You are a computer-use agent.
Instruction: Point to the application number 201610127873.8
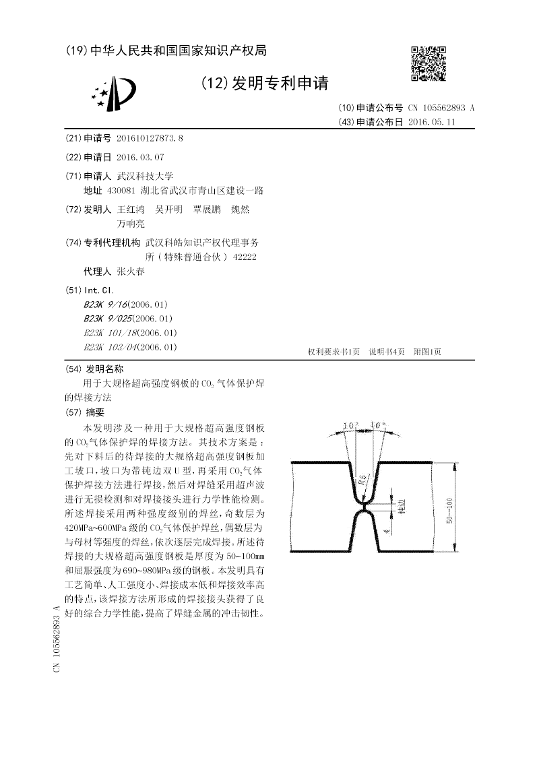[150, 138]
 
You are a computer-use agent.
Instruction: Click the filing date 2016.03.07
[140, 157]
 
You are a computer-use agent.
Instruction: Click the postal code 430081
[131, 191]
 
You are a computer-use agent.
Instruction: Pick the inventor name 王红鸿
[131, 210]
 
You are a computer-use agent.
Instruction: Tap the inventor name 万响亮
[131, 224]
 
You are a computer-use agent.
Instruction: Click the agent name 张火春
[131, 272]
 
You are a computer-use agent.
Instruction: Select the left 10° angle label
[349, 425]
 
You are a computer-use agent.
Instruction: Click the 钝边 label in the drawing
[402, 507]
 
